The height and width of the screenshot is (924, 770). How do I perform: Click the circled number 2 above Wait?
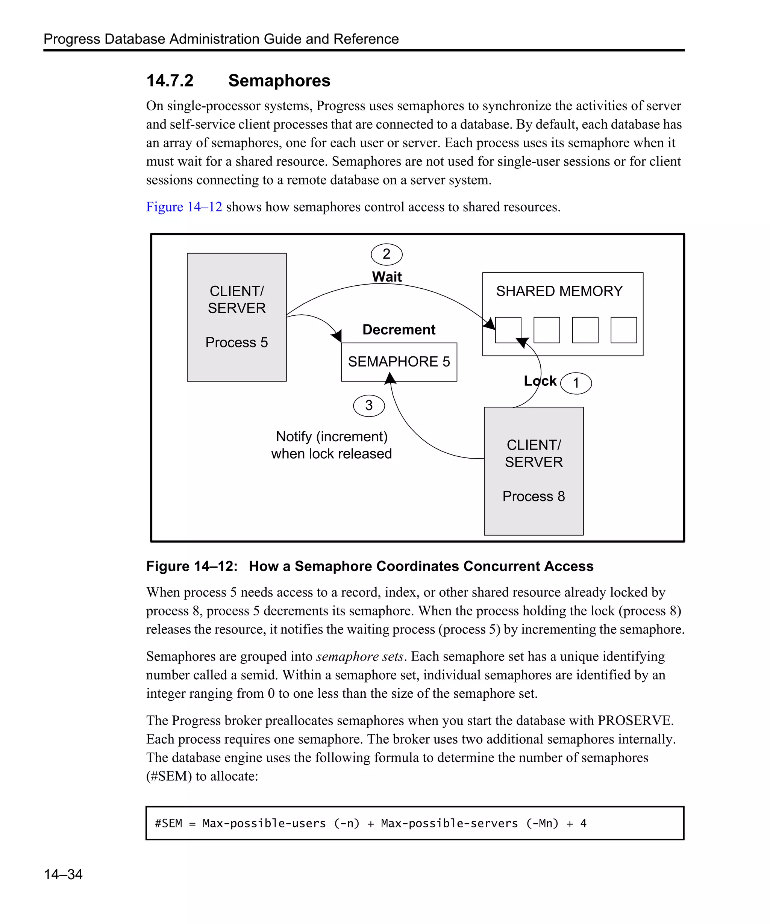[x=387, y=254]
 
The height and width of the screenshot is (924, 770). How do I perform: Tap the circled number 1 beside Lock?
[x=576, y=383]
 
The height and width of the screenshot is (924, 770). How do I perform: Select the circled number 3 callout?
[x=369, y=405]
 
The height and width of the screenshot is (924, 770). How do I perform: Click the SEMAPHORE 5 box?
[x=399, y=362]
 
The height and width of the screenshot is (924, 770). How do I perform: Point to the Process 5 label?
[x=236, y=342]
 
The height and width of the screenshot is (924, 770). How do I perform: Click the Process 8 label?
[x=533, y=496]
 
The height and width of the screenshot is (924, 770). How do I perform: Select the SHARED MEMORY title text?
[x=559, y=291]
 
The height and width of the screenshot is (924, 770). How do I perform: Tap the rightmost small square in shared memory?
[x=623, y=330]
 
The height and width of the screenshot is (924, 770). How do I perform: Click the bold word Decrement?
[x=399, y=330]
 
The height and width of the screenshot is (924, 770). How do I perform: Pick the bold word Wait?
[x=387, y=277]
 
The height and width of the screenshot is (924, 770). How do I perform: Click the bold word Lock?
[x=540, y=381]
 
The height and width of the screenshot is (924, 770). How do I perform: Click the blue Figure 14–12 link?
[x=184, y=207]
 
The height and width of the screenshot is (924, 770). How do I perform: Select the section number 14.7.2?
[x=170, y=81]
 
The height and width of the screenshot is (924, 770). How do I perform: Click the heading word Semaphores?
[x=279, y=81]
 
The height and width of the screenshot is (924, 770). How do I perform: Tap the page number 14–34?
[x=63, y=874]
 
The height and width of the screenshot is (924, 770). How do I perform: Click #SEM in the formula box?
[x=168, y=824]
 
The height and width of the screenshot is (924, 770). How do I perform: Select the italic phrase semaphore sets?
[x=359, y=656]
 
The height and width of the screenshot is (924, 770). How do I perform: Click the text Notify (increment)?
[x=331, y=436]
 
